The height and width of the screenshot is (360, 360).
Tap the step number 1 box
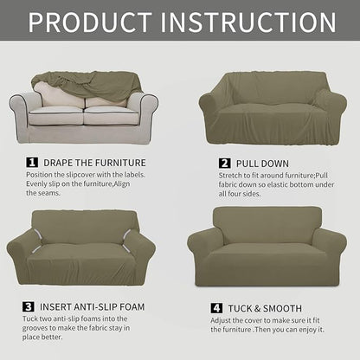[32, 162]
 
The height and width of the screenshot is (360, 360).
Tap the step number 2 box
[224, 163]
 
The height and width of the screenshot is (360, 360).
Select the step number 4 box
[216, 307]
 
